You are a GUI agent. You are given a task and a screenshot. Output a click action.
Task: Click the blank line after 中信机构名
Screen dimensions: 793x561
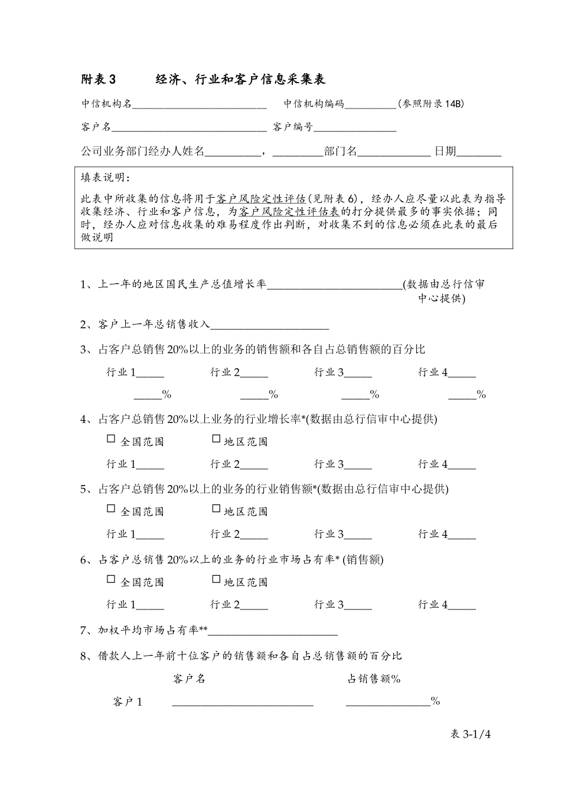pos(200,105)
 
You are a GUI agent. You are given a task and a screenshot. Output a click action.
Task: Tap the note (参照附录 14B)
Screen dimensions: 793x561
pos(430,104)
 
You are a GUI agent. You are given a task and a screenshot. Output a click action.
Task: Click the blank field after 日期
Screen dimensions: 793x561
pos(479,152)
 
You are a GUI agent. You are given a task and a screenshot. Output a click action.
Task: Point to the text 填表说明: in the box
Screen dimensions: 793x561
pos(105,178)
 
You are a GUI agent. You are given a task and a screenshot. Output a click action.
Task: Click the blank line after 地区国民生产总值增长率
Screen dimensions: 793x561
pos(334,286)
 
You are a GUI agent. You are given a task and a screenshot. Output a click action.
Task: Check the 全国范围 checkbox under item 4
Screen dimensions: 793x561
pos(111,439)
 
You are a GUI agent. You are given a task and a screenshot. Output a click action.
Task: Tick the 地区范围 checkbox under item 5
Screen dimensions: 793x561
pos(216,509)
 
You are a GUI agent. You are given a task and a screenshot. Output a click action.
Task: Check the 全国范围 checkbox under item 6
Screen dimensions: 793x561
pos(111,579)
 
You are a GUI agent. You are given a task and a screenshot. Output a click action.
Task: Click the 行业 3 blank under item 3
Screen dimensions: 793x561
pos(358,374)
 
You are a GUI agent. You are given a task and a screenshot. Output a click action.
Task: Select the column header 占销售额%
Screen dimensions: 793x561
pos(374,679)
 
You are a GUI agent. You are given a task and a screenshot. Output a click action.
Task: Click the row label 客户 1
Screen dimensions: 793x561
pos(128,702)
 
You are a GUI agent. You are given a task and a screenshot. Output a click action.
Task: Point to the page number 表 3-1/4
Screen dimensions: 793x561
pos(471,735)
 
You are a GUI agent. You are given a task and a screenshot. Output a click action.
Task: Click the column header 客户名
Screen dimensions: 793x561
pos(189,679)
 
